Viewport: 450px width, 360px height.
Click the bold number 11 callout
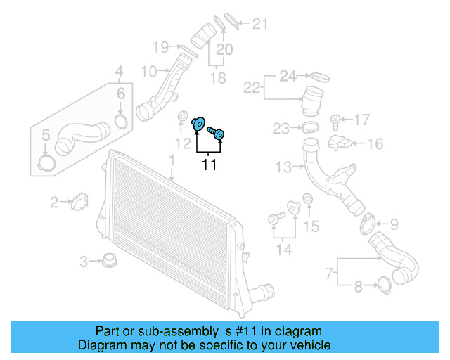tap(209, 165)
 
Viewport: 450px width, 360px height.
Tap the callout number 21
tap(260, 25)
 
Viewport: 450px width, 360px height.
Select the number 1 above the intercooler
tap(171, 161)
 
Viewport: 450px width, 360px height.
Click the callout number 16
tap(375, 144)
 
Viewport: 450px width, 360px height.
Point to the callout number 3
tap(84, 262)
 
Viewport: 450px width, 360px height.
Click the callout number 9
tap(394, 224)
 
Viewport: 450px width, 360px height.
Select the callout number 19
tap(160, 48)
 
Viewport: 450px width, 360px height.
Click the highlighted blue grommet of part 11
tap(198, 124)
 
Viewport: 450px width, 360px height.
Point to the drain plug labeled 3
tap(108, 262)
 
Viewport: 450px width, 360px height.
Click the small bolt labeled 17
tap(336, 120)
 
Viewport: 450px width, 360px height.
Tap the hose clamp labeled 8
tap(385, 285)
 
